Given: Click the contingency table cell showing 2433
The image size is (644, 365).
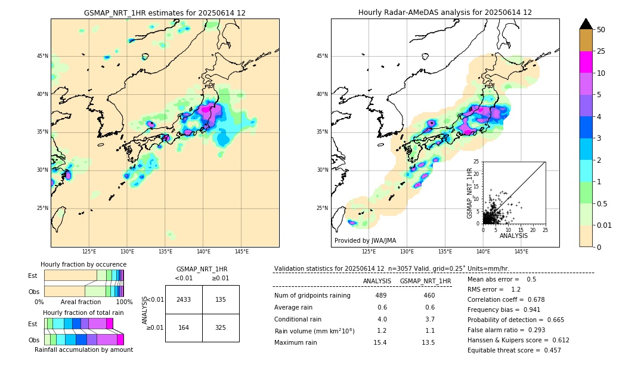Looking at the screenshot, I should pyautogui.click(x=184, y=299).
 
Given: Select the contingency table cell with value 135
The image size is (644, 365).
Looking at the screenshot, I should pyautogui.click(x=221, y=299).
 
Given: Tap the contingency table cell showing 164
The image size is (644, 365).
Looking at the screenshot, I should pyautogui.click(x=184, y=327).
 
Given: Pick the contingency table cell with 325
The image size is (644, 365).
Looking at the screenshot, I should pyautogui.click(x=221, y=327).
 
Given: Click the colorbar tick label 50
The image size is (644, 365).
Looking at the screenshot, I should pyautogui.click(x=601, y=30).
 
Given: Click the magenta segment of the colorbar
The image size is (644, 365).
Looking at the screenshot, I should pyautogui.click(x=586, y=62).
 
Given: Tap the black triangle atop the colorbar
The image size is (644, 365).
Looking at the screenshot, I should pyautogui.click(x=586, y=24).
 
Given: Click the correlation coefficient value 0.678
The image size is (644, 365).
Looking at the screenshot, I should pyautogui.click(x=548, y=299).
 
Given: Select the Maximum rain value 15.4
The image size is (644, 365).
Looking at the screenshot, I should pyautogui.click(x=380, y=342).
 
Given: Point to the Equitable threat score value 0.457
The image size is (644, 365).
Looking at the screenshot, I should pyautogui.click(x=548, y=350).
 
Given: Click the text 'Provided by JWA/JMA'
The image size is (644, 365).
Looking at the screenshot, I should pyautogui.click(x=365, y=240).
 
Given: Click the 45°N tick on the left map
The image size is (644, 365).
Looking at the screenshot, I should pyautogui.click(x=42, y=56).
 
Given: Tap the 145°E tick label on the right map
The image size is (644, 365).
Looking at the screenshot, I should pyautogui.click(x=521, y=252).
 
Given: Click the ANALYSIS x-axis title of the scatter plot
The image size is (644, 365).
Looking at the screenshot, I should pyautogui.click(x=513, y=236).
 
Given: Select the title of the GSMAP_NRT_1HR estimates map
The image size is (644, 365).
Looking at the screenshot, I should pyautogui.click(x=165, y=13).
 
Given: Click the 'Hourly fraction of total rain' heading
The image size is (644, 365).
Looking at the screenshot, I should pyautogui.click(x=83, y=313).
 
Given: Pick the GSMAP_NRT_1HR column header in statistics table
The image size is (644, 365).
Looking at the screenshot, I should pyautogui.click(x=425, y=281).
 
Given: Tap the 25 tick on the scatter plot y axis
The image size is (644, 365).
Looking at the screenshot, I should pyautogui.click(x=476, y=162).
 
